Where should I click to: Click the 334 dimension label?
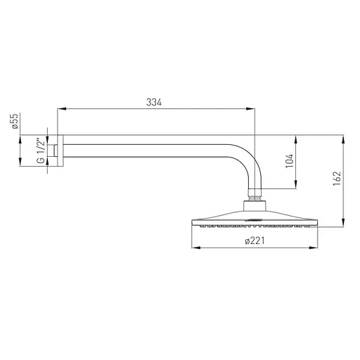tap(154, 102)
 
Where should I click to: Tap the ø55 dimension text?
tap(15, 121)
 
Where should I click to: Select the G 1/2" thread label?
tap(41, 151)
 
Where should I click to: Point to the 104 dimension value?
tap(290, 161)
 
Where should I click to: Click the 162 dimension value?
tap(337, 179)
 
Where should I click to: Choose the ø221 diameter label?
tap(255, 240)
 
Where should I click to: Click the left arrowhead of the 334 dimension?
tap(62, 109)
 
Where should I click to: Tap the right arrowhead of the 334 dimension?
tap(250, 109)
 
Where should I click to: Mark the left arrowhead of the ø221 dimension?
tap(196, 247)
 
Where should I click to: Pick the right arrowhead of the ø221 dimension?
tap(314, 247)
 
